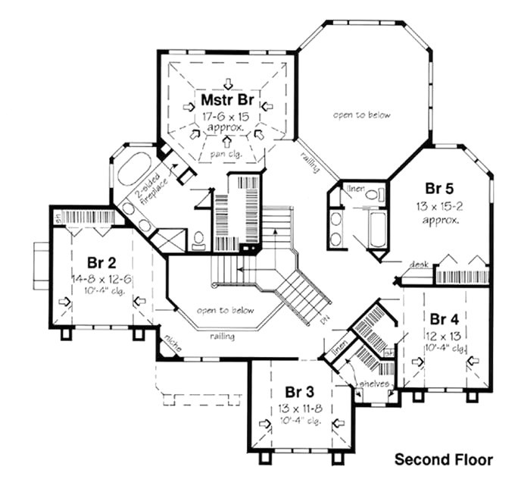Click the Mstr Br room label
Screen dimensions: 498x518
click(226, 100)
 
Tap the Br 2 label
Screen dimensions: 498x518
click(101, 263)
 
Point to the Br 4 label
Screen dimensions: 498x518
click(443, 317)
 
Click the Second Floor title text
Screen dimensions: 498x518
click(443, 459)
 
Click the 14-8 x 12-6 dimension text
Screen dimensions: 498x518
click(101, 278)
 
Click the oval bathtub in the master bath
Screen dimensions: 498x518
click(133, 169)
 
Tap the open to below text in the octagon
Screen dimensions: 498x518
click(361, 115)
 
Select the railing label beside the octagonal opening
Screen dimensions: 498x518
click(309, 160)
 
